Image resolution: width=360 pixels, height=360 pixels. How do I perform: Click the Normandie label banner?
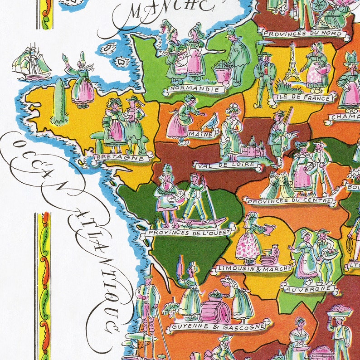pos(196,89)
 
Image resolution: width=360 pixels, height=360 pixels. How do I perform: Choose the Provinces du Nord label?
pos(304,33)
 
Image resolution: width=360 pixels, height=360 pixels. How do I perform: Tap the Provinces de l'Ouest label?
pos(190,233)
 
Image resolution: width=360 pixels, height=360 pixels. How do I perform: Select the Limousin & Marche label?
pos(254,268)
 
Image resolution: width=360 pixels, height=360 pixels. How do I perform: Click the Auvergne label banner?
pos(308,287)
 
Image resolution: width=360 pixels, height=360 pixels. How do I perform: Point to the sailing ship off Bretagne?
pos(32,61)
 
